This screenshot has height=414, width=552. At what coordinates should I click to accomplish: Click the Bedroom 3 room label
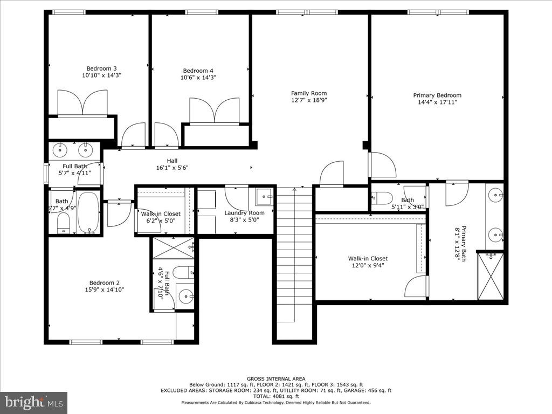coord(101,68)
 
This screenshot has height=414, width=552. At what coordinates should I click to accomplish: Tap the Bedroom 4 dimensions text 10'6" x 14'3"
coord(198,78)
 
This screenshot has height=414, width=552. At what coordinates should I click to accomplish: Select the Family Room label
coord(309,93)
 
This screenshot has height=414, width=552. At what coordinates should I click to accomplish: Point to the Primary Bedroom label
coord(437,95)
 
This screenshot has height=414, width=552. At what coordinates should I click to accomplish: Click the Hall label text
coord(172,161)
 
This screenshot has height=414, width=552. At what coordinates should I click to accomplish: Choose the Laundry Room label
coord(244,213)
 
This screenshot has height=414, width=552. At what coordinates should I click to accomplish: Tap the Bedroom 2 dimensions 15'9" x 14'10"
coord(105,290)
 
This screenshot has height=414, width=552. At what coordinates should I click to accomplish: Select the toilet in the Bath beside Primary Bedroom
coord(383,197)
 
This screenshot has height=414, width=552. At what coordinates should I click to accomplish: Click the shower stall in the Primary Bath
coord(491,275)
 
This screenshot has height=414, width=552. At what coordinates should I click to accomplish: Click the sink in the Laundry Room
coord(264,196)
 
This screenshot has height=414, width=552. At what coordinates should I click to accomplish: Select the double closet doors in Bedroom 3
coord(82,103)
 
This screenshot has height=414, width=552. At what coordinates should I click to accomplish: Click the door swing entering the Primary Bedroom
coord(382,165)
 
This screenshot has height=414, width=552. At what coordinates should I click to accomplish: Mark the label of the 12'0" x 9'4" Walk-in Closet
coord(368,259)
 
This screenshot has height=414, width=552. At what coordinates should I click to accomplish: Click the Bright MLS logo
coord(33,402)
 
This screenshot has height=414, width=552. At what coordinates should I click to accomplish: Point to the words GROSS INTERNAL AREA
coord(275,379)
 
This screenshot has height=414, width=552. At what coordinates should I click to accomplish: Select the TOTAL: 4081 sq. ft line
coord(275,396)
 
